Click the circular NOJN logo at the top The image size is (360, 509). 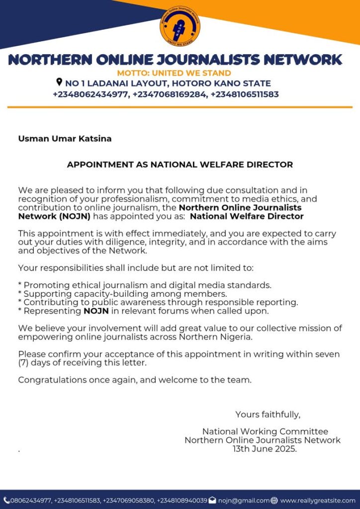[180, 26]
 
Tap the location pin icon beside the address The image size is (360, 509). [59, 83]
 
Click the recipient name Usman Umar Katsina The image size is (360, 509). [65, 139]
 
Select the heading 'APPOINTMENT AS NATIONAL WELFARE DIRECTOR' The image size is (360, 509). [180, 165]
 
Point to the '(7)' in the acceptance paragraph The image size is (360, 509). [24, 362]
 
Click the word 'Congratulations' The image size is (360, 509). [50, 380]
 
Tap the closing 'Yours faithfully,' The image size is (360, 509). [268, 415]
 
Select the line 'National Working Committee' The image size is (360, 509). [265, 431]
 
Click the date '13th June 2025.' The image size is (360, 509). [265, 448]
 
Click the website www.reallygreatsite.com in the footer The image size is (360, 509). [318, 501]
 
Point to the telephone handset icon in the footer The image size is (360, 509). [6, 500]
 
